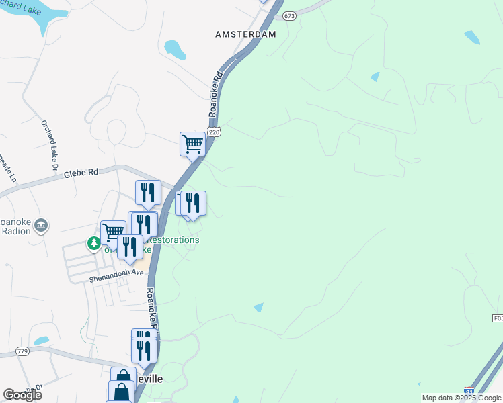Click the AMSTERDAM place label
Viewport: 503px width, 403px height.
(245, 34)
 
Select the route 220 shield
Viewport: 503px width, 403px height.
(214, 133)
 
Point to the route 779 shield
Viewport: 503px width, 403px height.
(23, 351)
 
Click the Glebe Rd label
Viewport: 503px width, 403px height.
(81, 173)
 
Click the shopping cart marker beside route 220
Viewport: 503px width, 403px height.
(193, 144)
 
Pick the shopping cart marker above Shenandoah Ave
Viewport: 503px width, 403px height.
(113, 232)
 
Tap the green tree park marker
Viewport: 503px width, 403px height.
(94, 243)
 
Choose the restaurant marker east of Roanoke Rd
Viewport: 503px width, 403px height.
(194, 204)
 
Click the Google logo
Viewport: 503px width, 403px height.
(22, 395)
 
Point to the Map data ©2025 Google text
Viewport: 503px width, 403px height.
(461, 398)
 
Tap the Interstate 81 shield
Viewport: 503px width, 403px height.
(468, 390)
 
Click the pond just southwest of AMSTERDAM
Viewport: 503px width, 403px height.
(176, 50)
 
